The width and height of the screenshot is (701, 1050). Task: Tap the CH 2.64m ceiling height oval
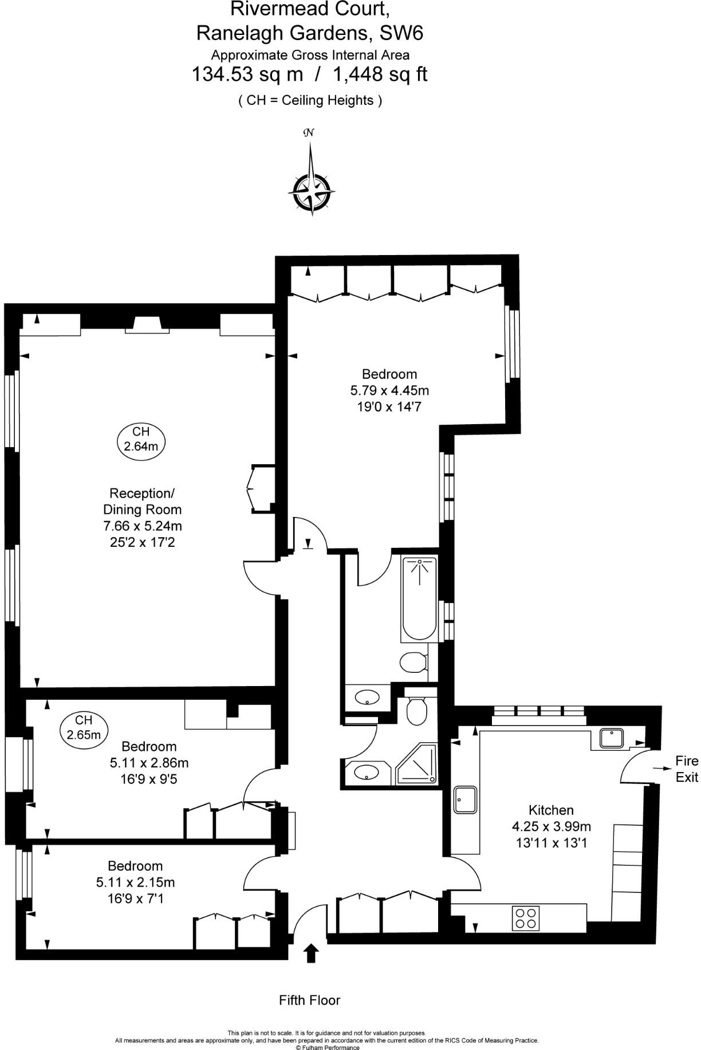141,439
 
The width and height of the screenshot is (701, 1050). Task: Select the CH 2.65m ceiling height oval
84,727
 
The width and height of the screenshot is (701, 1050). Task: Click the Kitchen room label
551,810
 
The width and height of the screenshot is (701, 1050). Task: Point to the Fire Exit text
687,769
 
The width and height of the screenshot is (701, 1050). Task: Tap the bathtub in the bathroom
419,598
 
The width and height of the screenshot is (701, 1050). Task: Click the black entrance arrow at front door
311,953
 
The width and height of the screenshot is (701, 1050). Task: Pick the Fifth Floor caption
310,1000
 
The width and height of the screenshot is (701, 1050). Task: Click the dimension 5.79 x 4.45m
389,391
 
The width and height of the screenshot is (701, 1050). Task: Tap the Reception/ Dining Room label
142,501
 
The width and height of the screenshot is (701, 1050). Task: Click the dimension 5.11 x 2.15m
136,882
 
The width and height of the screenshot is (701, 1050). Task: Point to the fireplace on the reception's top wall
148,325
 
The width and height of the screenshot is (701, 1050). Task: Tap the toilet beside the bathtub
413,664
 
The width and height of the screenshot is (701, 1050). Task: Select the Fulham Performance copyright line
328,1047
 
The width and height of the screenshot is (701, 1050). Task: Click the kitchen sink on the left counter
465,800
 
